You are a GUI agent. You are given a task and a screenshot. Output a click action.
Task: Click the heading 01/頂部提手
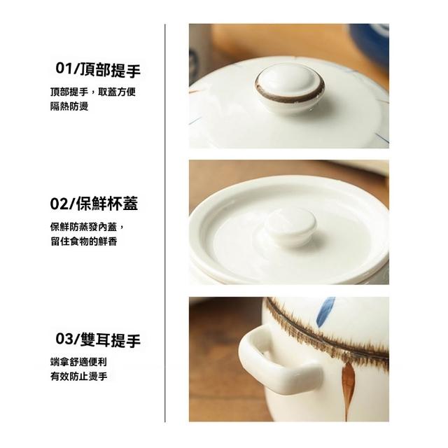(98, 70)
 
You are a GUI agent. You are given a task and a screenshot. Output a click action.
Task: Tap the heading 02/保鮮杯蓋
(94, 204)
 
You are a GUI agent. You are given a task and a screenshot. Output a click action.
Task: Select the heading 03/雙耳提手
(98, 339)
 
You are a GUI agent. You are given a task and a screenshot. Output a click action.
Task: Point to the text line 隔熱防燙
(69, 106)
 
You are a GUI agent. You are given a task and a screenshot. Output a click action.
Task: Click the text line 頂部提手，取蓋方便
(93, 92)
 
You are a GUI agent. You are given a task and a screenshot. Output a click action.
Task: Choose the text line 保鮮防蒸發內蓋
(84, 227)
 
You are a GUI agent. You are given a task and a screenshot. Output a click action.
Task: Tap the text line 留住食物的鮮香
(84, 241)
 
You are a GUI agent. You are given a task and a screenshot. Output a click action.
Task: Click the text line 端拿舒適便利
(78, 362)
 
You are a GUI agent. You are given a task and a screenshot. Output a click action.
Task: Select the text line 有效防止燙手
(78, 377)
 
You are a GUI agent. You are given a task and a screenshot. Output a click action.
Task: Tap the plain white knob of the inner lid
(290, 227)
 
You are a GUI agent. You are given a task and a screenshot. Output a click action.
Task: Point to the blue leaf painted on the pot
(327, 311)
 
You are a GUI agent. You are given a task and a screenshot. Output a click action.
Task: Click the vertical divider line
(165, 223)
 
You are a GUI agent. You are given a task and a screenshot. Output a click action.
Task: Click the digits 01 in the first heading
(63, 69)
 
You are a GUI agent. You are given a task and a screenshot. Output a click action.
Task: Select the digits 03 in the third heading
(64, 339)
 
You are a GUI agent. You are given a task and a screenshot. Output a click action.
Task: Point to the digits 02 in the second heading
(59, 204)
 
